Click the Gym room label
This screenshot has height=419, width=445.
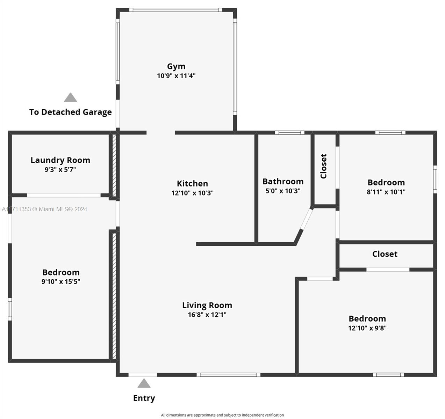tap(176, 66)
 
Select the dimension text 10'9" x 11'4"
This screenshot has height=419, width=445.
tap(176, 76)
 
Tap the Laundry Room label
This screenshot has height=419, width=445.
tap(60, 160)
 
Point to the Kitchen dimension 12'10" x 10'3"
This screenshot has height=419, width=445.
tap(192, 193)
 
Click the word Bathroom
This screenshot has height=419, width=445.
tap(283, 182)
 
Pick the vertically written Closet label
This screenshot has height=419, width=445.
tap(324, 166)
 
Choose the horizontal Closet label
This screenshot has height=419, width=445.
tap(385, 254)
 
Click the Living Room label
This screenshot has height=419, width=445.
tap(207, 305)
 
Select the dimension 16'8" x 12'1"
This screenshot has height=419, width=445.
tap(207, 315)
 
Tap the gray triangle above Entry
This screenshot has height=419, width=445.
tap(144, 383)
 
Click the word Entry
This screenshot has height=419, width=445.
tap(144, 398)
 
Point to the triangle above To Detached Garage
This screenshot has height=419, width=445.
tap(70, 97)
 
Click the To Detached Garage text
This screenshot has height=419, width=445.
tap(70, 112)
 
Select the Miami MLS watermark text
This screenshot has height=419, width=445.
tap(44, 209)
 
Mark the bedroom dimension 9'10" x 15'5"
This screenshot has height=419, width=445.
tap(61, 281)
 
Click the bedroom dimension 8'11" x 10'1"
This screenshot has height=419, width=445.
tap(386, 192)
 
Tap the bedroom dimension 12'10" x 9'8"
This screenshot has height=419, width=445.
tap(367, 328)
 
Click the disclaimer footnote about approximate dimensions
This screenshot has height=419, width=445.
tap(222, 415)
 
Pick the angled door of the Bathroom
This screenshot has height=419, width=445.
tap(307, 219)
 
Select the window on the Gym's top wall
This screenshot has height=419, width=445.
tap(176, 10)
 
